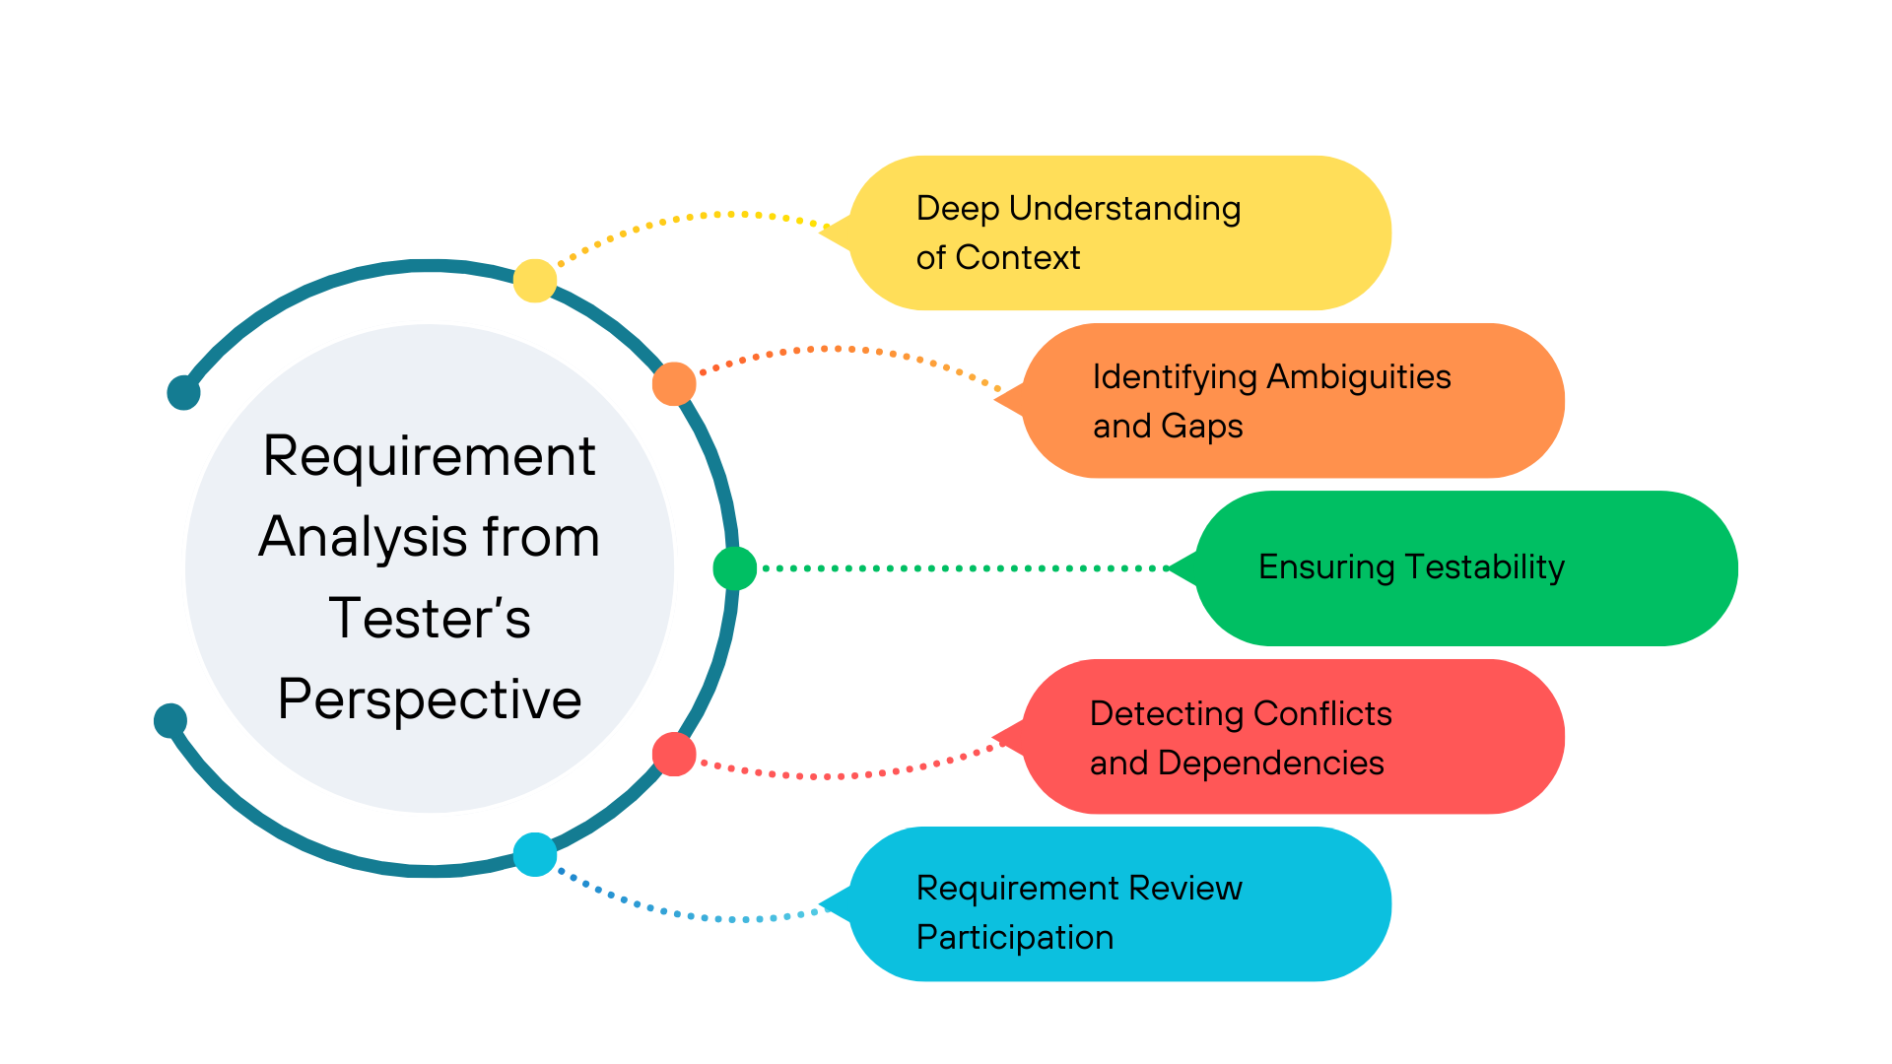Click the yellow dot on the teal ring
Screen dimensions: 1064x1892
coord(535,281)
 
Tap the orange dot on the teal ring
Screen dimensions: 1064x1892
coord(674,384)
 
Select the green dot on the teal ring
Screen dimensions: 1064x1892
coord(734,568)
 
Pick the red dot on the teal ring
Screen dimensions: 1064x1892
coord(674,754)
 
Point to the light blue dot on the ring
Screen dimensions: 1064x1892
coord(535,854)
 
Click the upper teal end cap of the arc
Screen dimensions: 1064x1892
coord(183,392)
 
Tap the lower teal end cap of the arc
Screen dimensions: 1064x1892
coord(170,720)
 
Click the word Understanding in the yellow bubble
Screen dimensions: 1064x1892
coord(1124,209)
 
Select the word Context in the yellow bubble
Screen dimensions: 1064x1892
coord(1018,258)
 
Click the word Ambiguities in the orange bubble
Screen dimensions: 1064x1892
coord(1359,377)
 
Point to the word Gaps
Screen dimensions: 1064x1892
coord(1201,427)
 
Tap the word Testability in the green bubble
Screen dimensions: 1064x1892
coord(1484,567)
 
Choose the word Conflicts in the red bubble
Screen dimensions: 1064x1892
coord(1322,713)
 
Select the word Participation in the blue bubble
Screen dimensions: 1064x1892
coord(1015,938)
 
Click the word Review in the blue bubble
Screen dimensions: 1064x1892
coord(1184,888)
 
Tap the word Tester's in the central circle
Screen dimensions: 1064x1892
coord(430,619)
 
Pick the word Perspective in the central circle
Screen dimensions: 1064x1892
coord(430,699)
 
